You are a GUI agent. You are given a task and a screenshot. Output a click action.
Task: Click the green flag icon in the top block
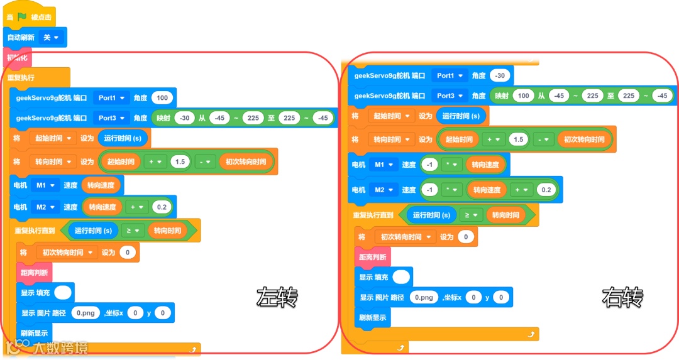23,17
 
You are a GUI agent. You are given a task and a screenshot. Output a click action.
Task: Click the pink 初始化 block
17,58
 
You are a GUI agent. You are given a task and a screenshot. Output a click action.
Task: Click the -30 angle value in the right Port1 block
500,75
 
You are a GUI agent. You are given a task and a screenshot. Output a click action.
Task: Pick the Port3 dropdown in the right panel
450,95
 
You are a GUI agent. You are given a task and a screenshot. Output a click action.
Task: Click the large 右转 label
622,297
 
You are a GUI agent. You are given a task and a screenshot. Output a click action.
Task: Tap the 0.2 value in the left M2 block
161,207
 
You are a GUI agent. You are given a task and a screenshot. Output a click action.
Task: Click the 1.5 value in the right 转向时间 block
519,139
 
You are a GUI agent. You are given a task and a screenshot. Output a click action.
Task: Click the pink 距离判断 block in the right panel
372,257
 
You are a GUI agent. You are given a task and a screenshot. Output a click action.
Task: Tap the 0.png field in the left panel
86,313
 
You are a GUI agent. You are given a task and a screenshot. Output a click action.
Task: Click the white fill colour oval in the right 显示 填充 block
400,277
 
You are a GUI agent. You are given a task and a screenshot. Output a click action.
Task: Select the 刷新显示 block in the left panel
35,333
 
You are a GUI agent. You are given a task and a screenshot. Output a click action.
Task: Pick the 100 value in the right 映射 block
522,95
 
